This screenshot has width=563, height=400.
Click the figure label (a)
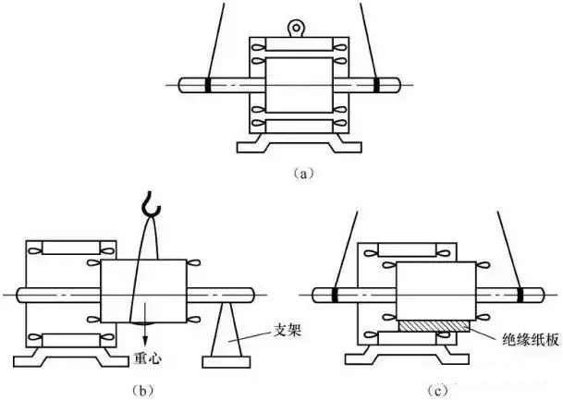tap(296, 172)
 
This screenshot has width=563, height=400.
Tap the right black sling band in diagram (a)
tap(381, 86)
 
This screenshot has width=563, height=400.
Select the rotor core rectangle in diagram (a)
tap(297, 85)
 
